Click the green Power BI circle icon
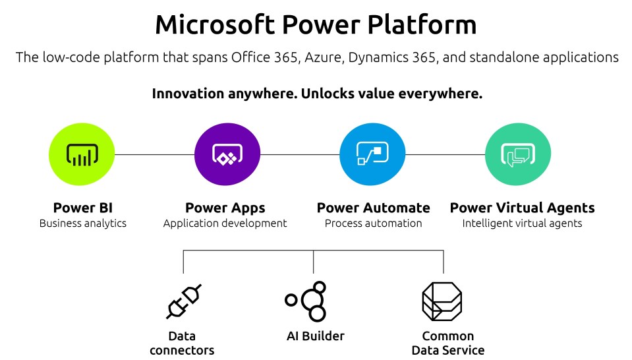pos(82,154)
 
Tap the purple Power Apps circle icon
pos(227,154)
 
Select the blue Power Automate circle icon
pos(372,154)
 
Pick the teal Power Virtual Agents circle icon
pos(518,154)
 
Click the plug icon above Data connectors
pos(184,301)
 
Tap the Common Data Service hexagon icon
pos(442,301)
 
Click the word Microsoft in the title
pos(215,24)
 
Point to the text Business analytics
pos(83,224)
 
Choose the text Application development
pos(225,224)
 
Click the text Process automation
pos(373,224)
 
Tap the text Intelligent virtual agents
pos(522,224)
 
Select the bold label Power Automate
pos(373,208)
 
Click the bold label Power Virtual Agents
pos(523,208)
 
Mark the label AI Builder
pos(316,336)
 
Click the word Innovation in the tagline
pos(188,94)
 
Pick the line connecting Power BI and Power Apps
pos(154,154)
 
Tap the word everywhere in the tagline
pos(440,94)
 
